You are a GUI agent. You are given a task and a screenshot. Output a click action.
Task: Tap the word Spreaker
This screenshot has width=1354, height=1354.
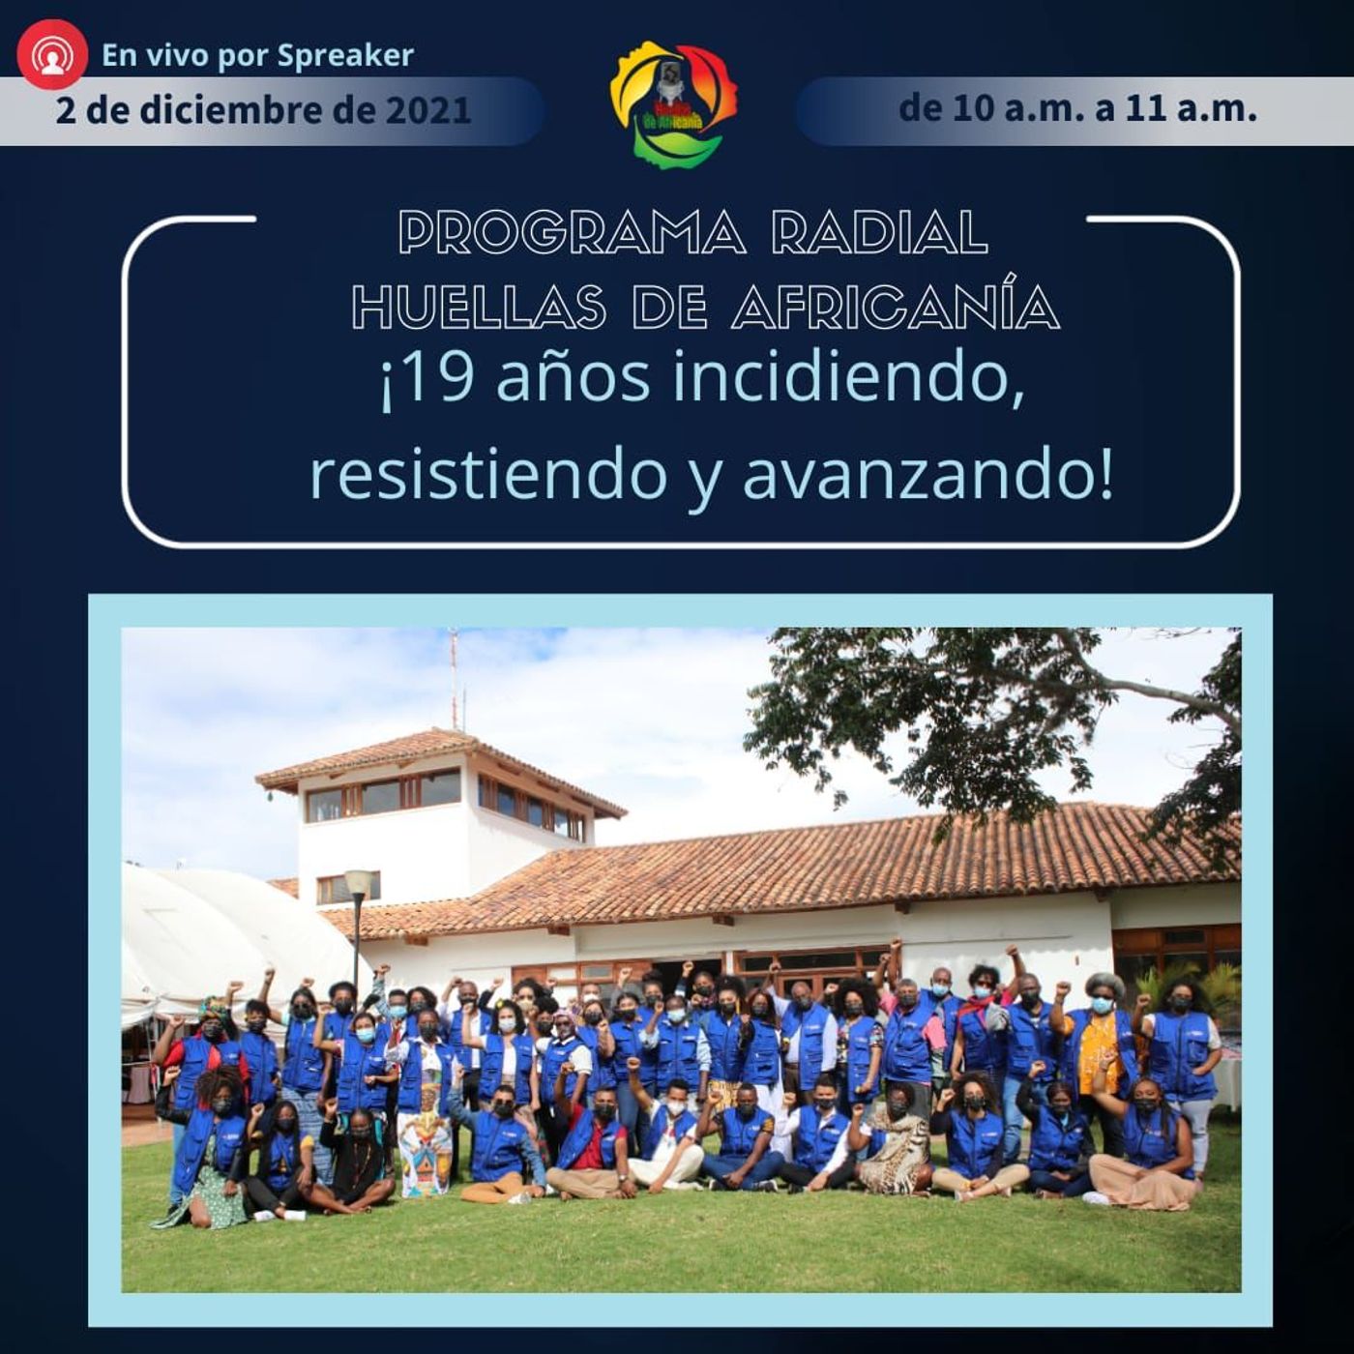tap(345, 56)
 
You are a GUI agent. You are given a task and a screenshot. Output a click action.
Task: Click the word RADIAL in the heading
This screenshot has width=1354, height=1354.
tap(879, 232)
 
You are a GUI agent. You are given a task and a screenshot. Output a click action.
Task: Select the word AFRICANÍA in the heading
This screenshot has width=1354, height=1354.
tap(896, 306)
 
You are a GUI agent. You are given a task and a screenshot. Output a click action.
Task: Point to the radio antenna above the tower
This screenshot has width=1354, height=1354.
tap(454, 677)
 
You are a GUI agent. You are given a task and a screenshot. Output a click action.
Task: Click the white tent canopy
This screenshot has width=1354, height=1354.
tap(239, 927)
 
